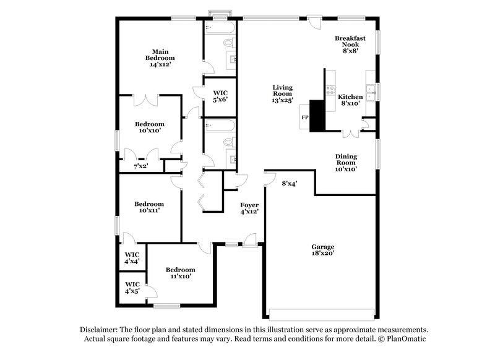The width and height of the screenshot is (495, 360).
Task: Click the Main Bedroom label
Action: (x=158, y=57)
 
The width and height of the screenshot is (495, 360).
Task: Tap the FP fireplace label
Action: (x=304, y=117)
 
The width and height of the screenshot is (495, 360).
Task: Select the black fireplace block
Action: (x=317, y=116)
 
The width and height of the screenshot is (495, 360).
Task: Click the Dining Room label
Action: (x=346, y=163)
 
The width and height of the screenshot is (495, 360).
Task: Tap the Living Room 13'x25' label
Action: (x=282, y=93)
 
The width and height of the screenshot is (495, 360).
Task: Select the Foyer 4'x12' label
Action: (x=249, y=208)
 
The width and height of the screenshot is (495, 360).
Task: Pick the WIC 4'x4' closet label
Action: (x=132, y=258)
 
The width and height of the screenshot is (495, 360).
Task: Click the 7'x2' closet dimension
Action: (x=141, y=166)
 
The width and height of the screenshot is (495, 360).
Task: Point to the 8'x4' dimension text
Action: (x=290, y=183)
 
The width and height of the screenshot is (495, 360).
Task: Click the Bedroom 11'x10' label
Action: (x=180, y=273)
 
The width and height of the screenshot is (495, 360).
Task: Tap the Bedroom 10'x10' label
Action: (x=149, y=127)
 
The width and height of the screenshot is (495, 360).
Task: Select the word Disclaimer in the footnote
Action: (x=99, y=330)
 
